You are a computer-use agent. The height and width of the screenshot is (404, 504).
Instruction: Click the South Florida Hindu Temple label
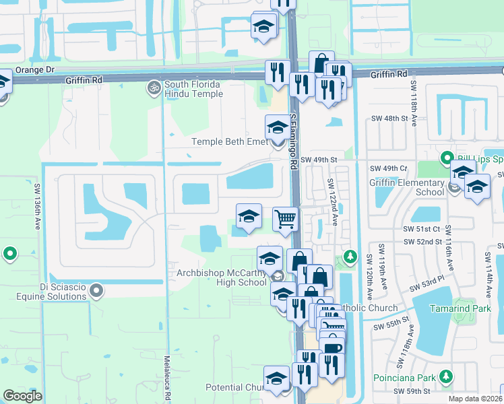[193, 89]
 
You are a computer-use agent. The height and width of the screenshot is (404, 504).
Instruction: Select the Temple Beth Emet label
[229, 141]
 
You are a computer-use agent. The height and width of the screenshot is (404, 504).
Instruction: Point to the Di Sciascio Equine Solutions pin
[96, 291]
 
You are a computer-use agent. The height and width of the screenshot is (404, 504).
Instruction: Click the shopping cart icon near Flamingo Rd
[286, 218]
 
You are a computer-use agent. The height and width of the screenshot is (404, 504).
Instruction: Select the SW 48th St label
[390, 119]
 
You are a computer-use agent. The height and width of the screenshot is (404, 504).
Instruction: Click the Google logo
[22, 396]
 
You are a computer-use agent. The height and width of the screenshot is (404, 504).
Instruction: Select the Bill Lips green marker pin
[445, 160]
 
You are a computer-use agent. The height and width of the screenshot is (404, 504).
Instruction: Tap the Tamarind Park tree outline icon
[461, 308]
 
